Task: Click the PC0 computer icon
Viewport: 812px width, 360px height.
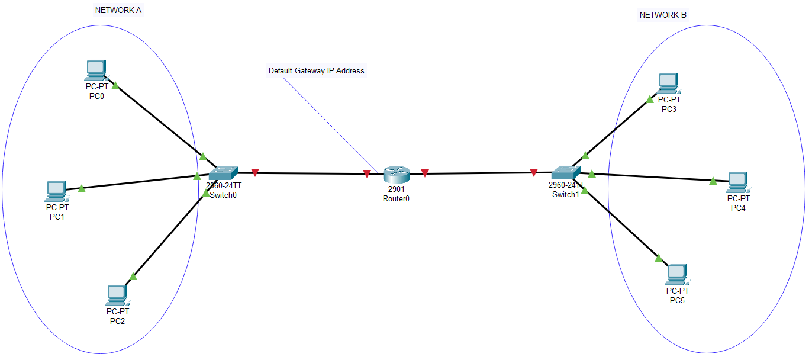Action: (95, 70)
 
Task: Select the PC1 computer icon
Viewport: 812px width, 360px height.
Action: (56, 191)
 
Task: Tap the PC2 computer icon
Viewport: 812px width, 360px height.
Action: (117, 294)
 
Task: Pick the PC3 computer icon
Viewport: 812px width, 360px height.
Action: (668, 83)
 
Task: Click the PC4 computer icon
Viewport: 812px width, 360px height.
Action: (737, 182)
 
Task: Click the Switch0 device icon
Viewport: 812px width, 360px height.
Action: (223, 173)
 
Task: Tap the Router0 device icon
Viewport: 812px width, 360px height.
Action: (396, 174)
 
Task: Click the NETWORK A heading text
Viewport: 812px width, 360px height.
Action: (118, 11)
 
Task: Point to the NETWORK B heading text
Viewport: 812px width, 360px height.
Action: (663, 15)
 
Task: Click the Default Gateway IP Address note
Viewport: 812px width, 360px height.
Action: (317, 70)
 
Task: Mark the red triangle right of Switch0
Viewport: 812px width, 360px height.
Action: (255, 172)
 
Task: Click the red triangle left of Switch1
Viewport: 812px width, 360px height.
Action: (534, 172)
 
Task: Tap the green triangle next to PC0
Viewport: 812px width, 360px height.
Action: (115, 86)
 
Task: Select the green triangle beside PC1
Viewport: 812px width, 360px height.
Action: (82, 189)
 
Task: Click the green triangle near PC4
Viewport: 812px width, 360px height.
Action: (713, 181)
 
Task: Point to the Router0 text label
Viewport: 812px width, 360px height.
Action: (396, 199)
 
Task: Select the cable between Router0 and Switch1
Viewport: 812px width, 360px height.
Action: (479, 173)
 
